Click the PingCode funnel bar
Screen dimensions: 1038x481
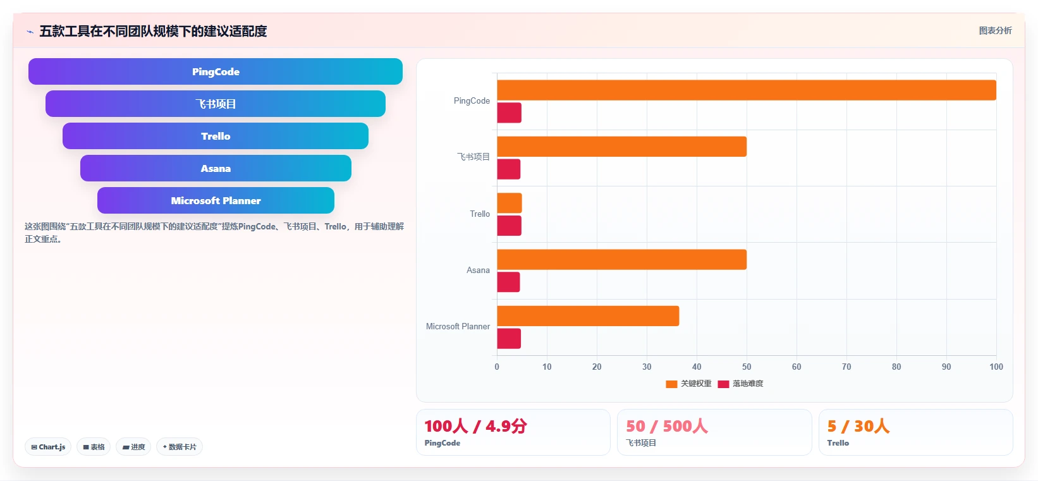click(216, 71)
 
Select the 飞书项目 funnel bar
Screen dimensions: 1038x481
click(216, 104)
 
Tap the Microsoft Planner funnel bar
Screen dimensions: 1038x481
click(216, 200)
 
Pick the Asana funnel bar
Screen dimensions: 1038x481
click(216, 168)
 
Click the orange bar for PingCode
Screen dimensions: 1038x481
click(747, 90)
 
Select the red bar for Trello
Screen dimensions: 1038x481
click(510, 226)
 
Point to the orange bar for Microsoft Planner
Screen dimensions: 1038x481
click(588, 316)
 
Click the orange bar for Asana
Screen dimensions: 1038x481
click(622, 260)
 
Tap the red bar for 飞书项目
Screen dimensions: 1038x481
click(509, 169)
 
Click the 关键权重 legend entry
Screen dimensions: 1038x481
click(688, 384)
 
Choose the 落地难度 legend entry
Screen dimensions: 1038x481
click(740, 384)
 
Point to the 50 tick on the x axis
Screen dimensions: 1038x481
click(747, 367)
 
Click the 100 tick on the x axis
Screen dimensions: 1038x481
click(996, 367)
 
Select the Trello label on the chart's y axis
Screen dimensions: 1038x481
click(480, 214)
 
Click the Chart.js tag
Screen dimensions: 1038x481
click(48, 447)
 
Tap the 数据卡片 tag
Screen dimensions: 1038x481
click(180, 447)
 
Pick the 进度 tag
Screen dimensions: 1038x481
click(133, 447)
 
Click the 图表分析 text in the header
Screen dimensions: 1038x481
click(996, 30)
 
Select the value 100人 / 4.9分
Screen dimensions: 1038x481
click(476, 426)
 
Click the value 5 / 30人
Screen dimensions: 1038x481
click(858, 426)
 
